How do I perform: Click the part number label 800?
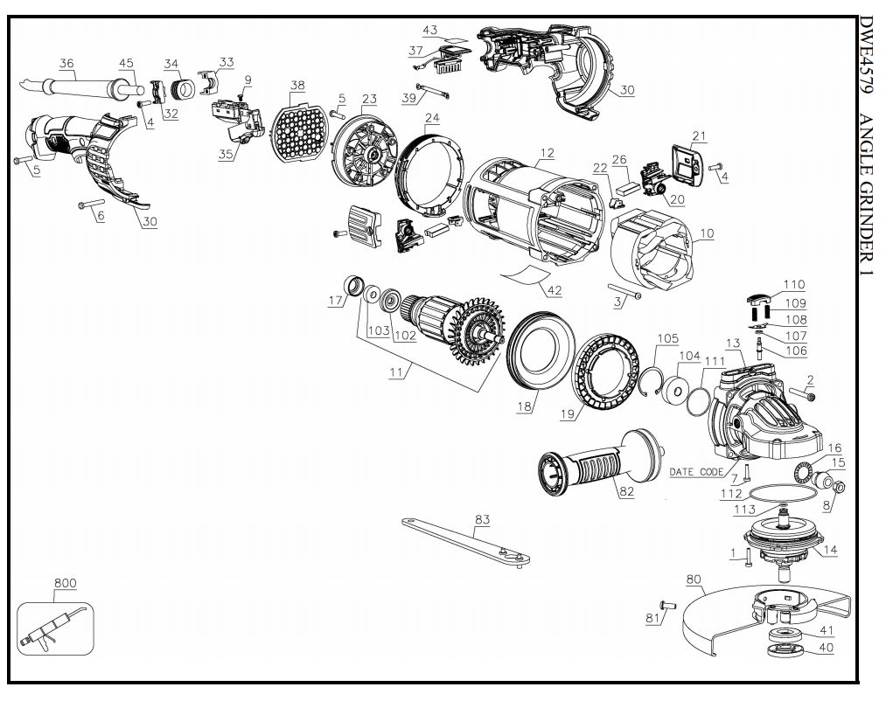click(65, 582)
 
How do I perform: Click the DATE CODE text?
click(696, 472)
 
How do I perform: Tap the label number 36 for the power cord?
click(66, 63)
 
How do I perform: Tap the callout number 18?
click(524, 407)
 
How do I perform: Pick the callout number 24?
click(432, 118)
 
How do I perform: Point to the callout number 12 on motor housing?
click(547, 154)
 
